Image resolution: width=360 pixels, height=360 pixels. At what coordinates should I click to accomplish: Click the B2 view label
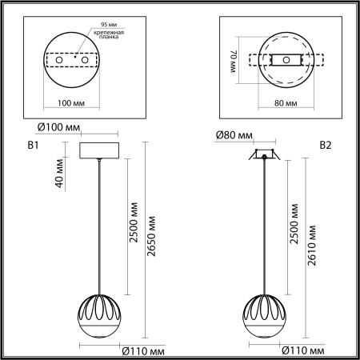(x=326, y=146)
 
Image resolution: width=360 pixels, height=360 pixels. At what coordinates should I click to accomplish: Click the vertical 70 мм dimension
(x=234, y=61)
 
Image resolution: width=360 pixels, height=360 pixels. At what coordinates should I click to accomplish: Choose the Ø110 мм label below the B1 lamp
(x=143, y=350)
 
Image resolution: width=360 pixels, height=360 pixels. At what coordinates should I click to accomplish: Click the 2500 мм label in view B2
(x=294, y=225)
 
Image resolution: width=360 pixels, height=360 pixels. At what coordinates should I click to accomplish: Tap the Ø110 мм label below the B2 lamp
(x=302, y=350)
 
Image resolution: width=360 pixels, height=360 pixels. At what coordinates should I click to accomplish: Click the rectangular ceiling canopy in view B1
(x=99, y=150)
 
